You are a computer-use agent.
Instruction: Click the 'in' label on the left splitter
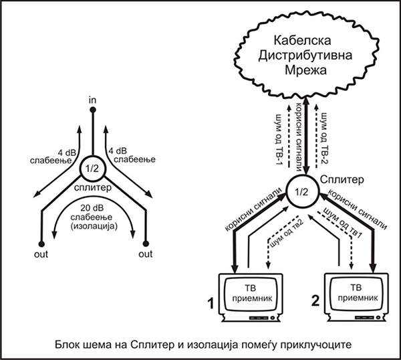[x=94, y=100]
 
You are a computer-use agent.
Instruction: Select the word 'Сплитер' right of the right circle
[x=345, y=181]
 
